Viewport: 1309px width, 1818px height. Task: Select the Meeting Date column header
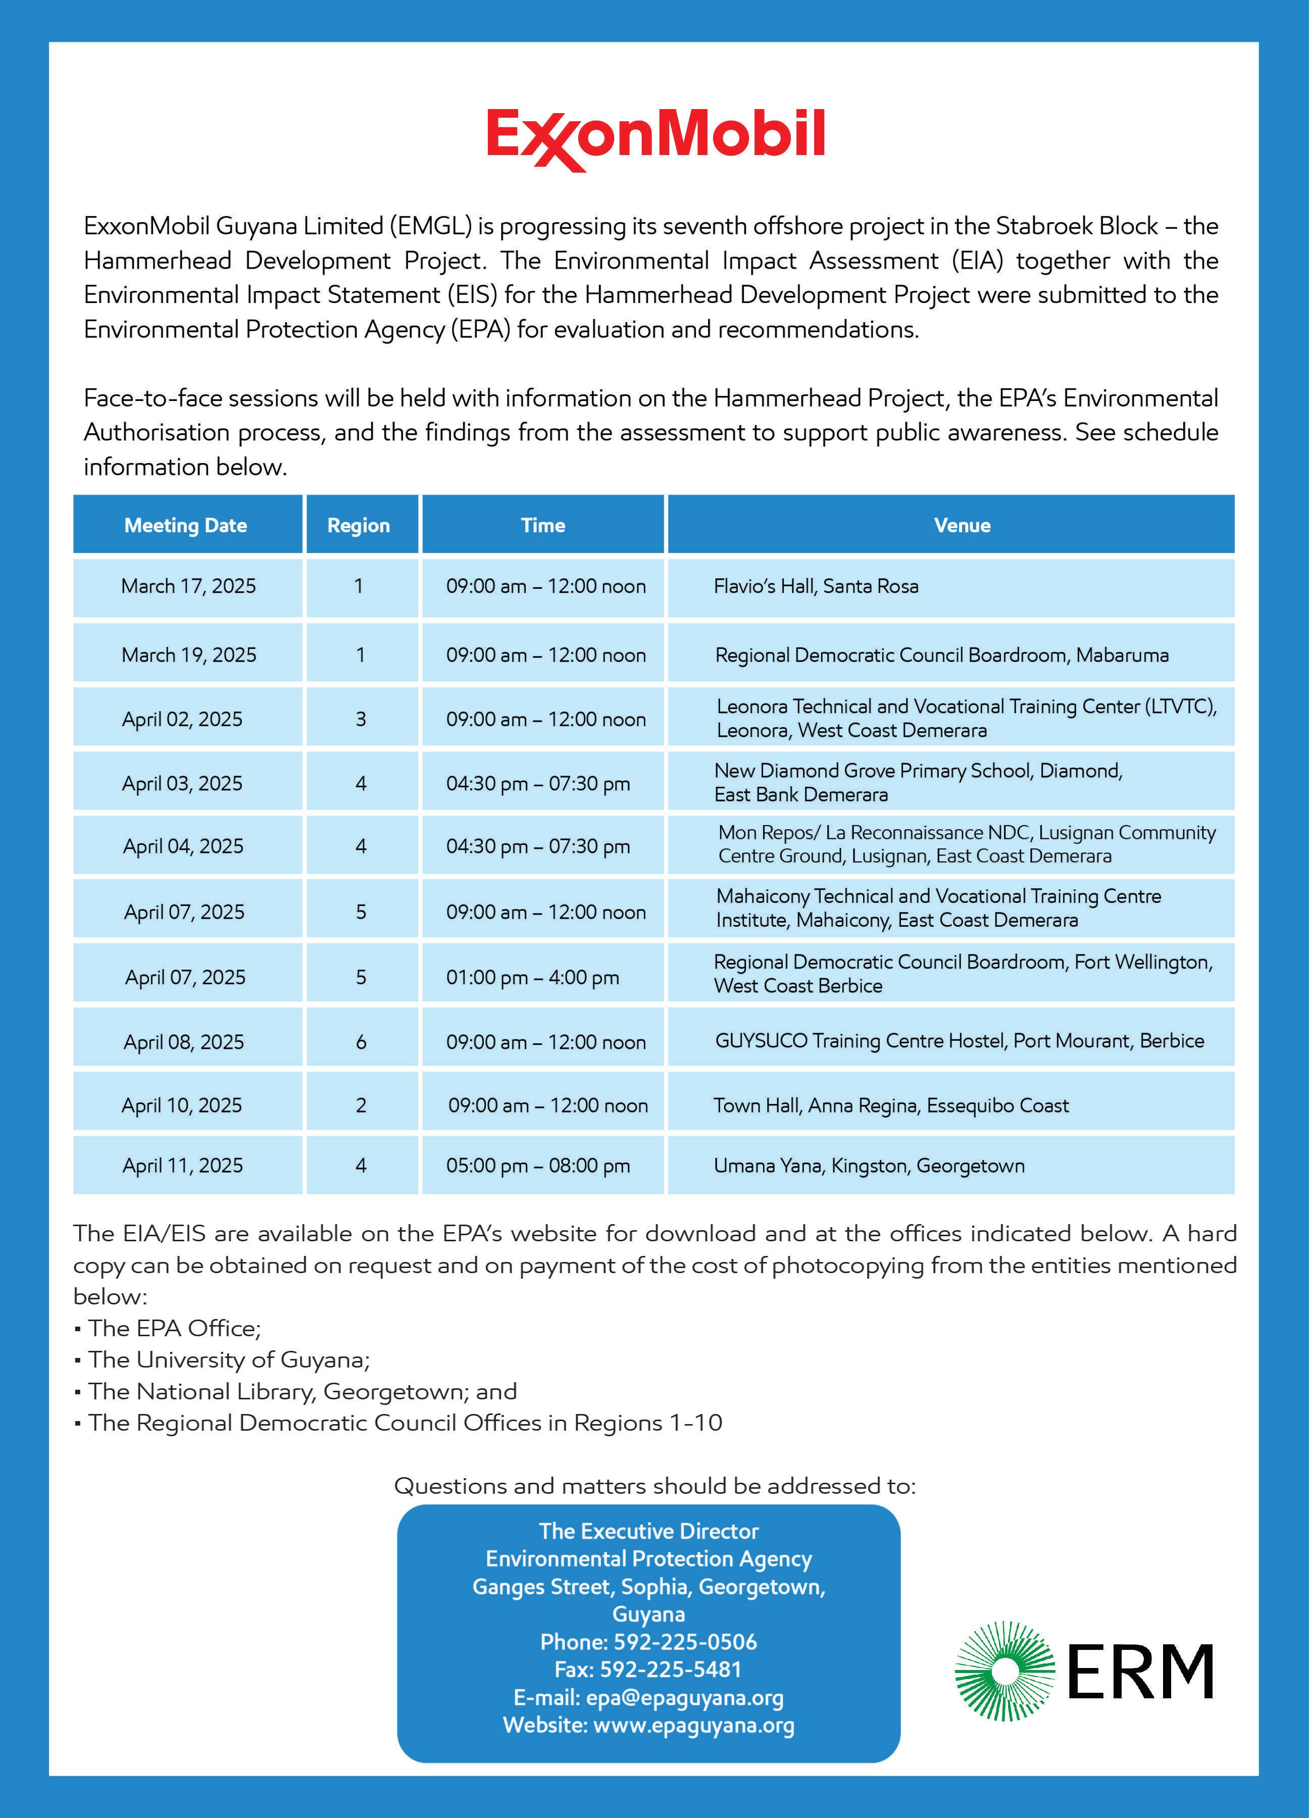pos(185,526)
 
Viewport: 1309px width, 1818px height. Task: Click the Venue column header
pos(962,526)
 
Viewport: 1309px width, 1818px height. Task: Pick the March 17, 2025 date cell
pos(188,586)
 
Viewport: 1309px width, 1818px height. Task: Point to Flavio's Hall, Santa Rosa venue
pos(816,586)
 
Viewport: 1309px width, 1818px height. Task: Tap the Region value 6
pos(361,1042)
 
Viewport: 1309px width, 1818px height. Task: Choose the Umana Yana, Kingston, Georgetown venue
pos(869,1166)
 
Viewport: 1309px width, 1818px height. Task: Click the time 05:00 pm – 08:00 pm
pos(538,1166)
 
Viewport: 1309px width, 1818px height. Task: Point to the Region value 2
pos(361,1105)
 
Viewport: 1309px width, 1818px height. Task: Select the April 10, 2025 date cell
pos(182,1105)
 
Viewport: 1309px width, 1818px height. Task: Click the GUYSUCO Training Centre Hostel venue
pos(959,1040)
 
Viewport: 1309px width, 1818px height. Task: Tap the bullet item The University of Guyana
pos(228,1359)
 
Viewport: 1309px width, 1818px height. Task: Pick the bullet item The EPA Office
pos(174,1328)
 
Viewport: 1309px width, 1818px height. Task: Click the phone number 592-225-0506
pos(685,1642)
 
